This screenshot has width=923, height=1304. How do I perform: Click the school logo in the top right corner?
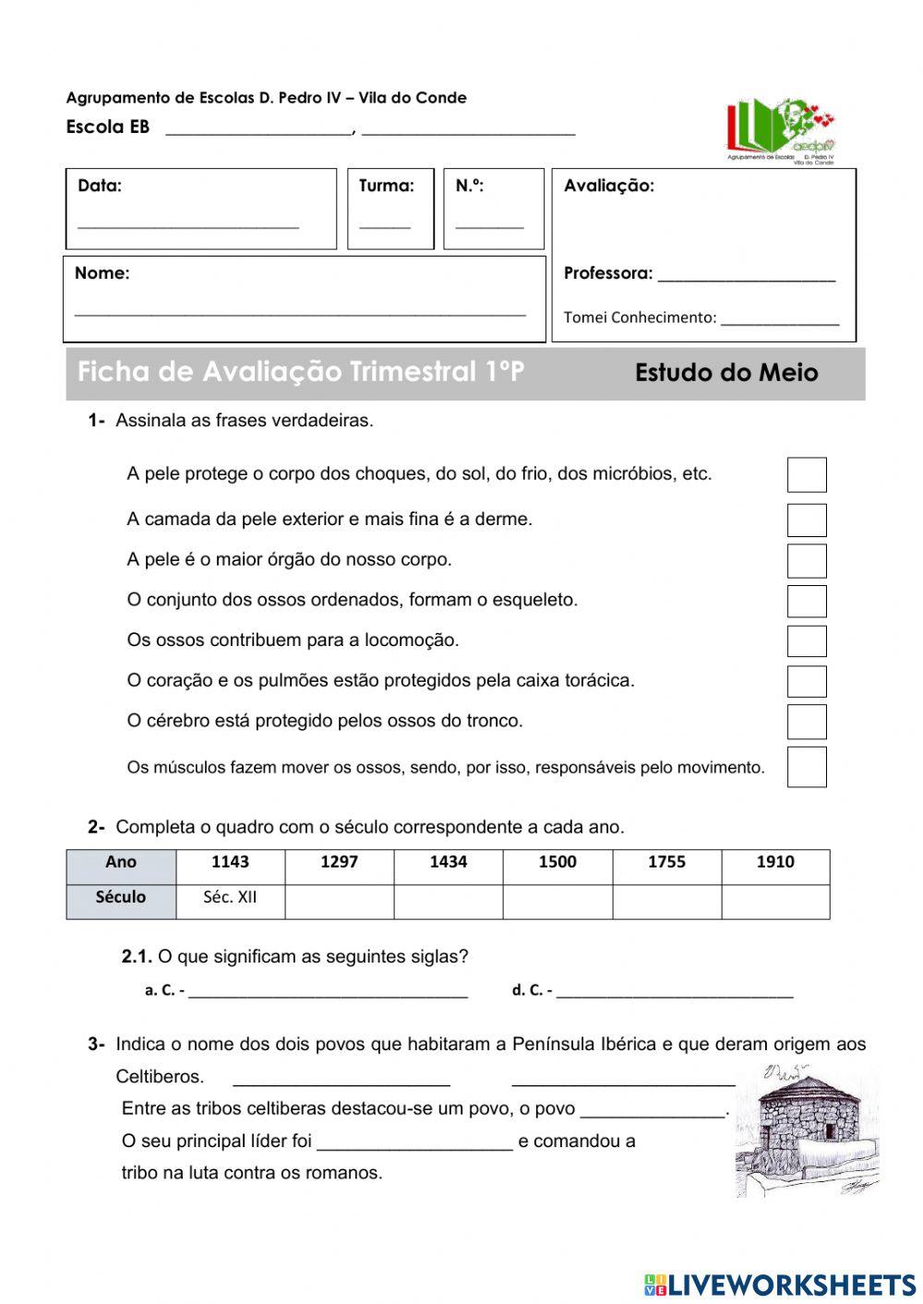(781, 130)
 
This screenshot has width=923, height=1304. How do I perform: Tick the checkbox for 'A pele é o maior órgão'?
(806, 560)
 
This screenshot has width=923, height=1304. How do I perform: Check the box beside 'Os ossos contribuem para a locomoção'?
(806, 640)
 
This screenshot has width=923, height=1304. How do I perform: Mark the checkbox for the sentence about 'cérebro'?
(806, 722)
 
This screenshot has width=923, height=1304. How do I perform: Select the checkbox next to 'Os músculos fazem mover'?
(806, 767)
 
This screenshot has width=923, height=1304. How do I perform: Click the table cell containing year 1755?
(666, 863)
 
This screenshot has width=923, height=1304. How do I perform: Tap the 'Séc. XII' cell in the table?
(230, 898)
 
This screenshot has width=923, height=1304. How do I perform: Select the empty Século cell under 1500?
(557, 901)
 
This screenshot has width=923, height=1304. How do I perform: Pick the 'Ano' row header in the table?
(121, 863)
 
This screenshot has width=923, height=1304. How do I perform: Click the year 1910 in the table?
(775, 863)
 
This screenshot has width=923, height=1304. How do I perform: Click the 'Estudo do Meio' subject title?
(726, 374)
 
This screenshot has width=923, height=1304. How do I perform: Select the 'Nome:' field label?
(102, 273)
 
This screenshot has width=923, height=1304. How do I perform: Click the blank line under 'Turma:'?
(385, 223)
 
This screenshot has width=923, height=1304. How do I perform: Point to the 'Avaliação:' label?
(609, 186)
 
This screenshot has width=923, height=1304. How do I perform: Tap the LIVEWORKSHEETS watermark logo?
(780, 1285)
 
